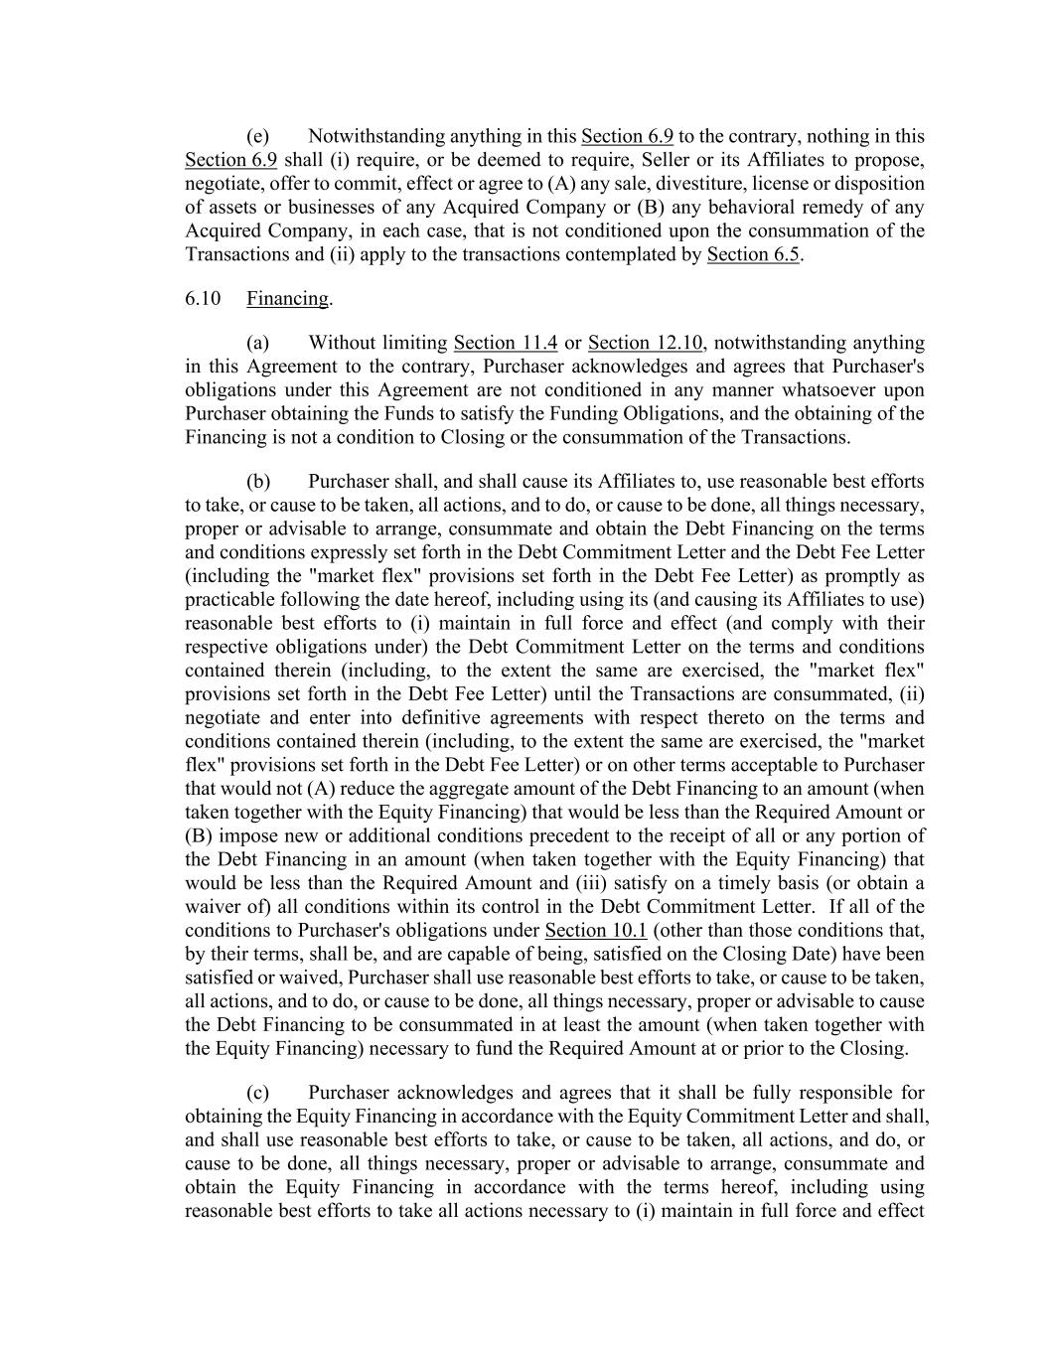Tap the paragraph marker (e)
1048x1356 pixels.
tap(257, 136)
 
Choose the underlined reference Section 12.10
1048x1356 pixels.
tap(645, 343)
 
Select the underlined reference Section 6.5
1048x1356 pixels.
tap(753, 254)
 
